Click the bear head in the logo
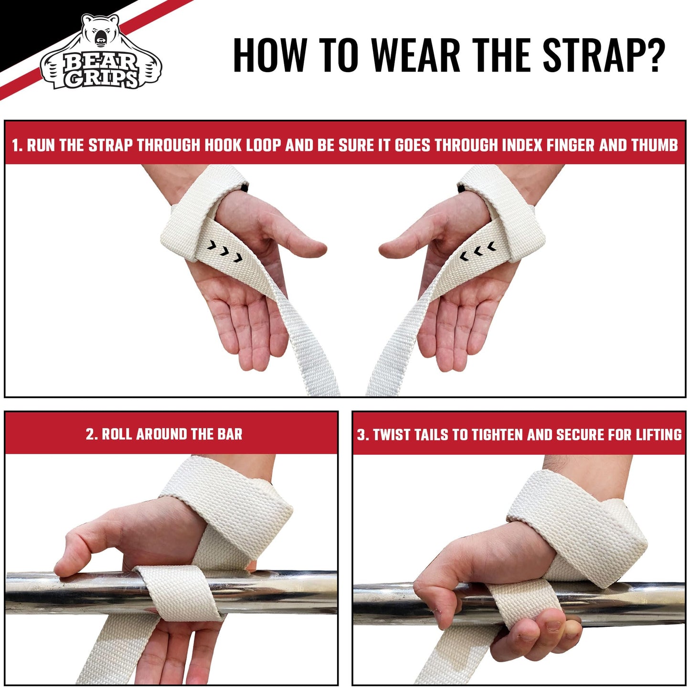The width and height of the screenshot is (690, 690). [x=100, y=33]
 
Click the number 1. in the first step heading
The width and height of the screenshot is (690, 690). [x=17, y=145]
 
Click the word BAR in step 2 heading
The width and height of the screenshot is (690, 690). [x=230, y=434]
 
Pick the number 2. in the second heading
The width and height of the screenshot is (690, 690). [x=92, y=434]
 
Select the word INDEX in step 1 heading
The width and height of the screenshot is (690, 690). [x=520, y=145]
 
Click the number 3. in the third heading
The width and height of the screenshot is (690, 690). [x=363, y=435]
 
